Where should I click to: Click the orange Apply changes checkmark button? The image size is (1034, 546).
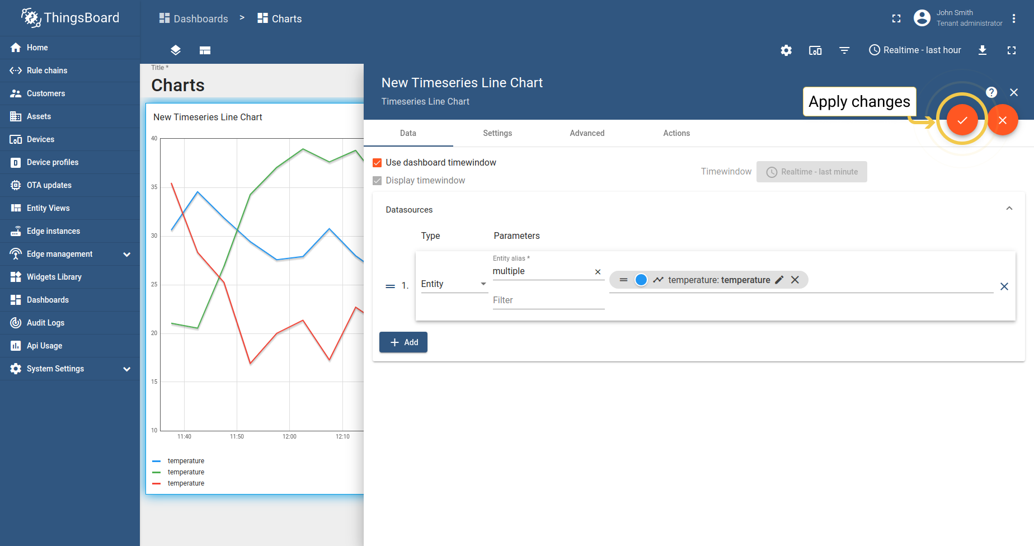click(x=962, y=120)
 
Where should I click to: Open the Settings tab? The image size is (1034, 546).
click(x=497, y=133)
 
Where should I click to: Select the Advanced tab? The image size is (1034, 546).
click(x=587, y=133)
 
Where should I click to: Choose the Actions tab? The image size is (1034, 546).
click(x=676, y=133)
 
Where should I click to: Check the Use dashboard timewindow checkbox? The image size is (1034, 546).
click(x=377, y=163)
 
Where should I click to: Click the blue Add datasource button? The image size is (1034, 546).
click(x=403, y=342)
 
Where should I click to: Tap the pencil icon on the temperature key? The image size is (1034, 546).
click(x=779, y=280)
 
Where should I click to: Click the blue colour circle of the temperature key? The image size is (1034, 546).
click(x=641, y=280)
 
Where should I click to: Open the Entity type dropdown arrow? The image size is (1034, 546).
click(x=483, y=284)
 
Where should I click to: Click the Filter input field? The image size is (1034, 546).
click(x=548, y=300)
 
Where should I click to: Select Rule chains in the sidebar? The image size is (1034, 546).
click(x=47, y=70)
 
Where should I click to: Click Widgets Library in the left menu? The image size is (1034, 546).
click(x=54, y=277)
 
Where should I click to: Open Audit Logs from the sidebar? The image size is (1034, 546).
click(x=45, y=323)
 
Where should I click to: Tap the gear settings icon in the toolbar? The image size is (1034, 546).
click(x=786, y=50)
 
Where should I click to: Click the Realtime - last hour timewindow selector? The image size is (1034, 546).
click(x=915, y=50)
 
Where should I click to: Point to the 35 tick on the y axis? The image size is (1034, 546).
click(x=154, y=187)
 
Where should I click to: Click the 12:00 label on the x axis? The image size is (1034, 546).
click(x=289, y=436)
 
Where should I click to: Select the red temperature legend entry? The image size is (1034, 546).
click(x=186, y=483)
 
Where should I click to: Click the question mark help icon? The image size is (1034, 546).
click(x=991, y=92)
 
